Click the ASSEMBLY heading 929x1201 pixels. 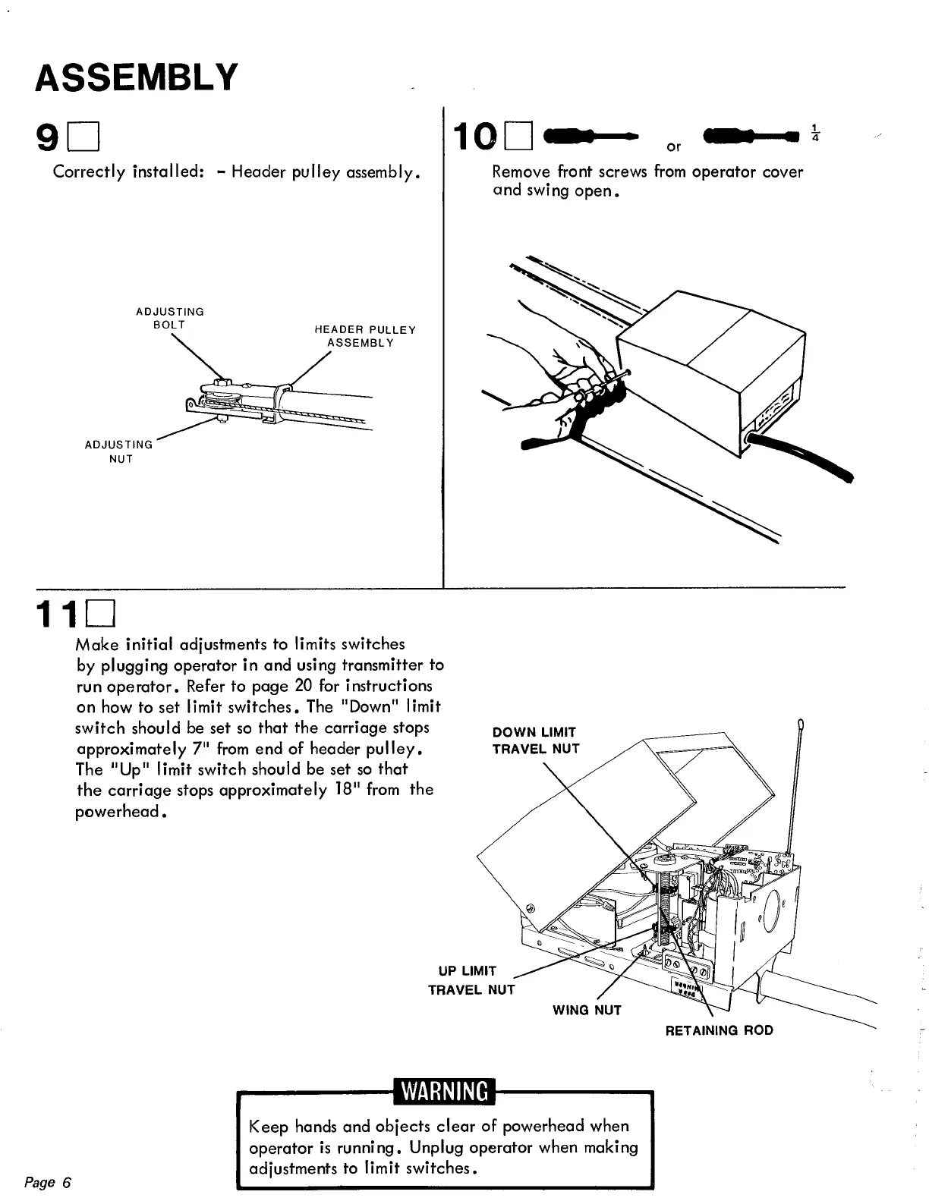(137, 77)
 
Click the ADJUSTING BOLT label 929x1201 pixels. (169, 318)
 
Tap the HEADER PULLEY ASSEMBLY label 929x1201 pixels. (364, 336)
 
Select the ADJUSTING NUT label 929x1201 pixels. (119, 451)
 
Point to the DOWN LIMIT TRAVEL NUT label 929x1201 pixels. (535, 740)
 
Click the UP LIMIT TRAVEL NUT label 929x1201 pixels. (471, 980)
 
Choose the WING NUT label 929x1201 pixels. (587, 1010)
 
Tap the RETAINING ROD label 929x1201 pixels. (719, 1030)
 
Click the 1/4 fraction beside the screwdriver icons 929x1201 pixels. (814, 133)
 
